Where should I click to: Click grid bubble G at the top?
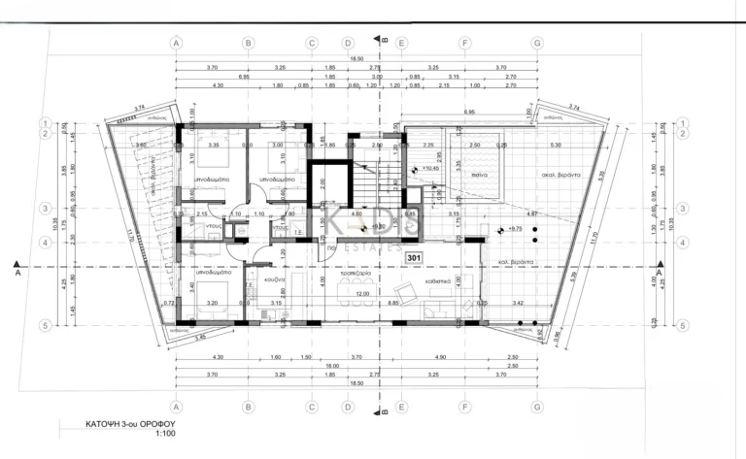pos(537,43)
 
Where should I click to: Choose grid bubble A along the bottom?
pos(176,408)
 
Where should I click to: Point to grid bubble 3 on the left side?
pos(45,208)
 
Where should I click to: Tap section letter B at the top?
pos(386,40)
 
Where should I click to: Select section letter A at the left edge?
pos(18,275)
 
